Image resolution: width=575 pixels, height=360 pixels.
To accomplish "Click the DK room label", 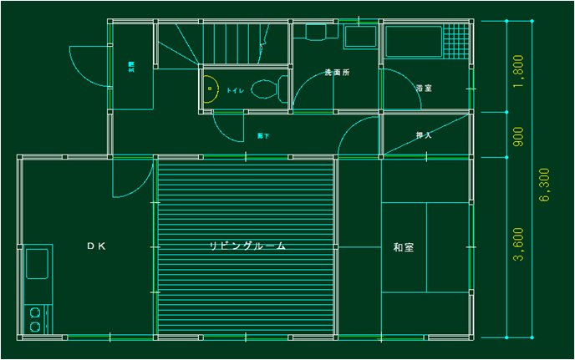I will [x=96, y=246].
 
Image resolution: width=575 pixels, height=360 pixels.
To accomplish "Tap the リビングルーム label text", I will [x=247, y=246].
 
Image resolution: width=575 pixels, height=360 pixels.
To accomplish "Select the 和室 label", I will [x=404, y=247].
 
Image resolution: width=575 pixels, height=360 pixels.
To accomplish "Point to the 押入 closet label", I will [x=424, y=135].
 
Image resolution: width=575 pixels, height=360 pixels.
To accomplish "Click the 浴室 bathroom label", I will [x=424, y=88].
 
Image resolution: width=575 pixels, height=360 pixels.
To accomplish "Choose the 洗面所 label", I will [x=337, y=74].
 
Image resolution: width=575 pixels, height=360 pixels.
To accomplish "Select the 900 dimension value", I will [x=519, y=134].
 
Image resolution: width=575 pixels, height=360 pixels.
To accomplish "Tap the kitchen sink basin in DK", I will [x=37, y=266].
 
